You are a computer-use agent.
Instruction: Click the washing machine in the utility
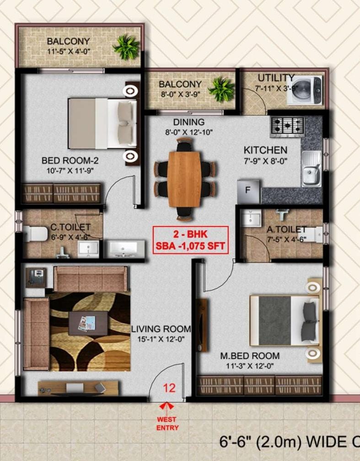pos(304,90)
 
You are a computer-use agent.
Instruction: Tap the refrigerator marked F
pos(248,191)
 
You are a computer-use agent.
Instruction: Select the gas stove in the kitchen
pos(287,125)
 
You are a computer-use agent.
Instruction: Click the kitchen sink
pos(311,168)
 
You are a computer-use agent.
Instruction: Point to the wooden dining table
pos(184,179)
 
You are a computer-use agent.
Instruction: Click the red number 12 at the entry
pos(169,388)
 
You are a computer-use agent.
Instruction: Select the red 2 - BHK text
pos(190,234)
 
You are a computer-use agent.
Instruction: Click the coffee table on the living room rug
pos(88,323)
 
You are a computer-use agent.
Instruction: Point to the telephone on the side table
pos(36,277)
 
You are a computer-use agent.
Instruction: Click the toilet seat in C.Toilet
pos(35,234)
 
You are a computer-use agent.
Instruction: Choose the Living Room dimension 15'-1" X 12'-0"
pos(161,339)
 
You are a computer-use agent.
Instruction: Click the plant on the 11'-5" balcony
pos(126,47)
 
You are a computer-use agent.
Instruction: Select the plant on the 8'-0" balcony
pos(221,89)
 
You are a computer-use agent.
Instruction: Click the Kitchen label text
pos(265,150)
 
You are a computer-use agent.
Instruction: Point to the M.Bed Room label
pos(250,356)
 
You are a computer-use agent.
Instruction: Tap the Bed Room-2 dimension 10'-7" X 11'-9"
pos(70,170)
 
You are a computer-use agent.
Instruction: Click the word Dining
pos(188,122)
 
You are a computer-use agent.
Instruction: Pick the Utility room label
pos(276,78)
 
